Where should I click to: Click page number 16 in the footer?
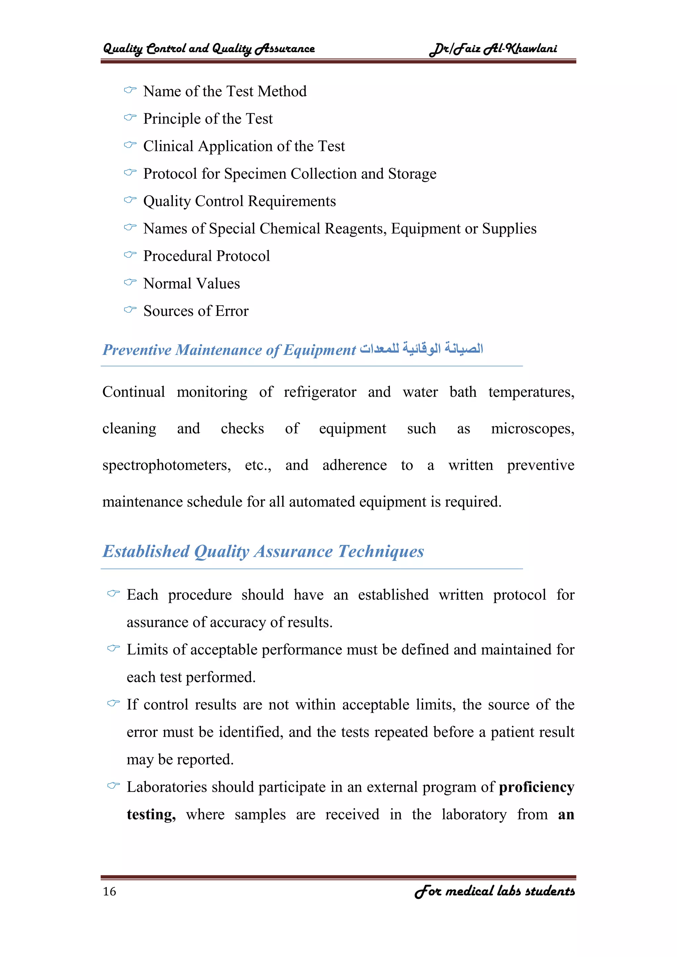click(x=109, y=892)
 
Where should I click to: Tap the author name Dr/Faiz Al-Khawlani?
click(x=493, y=49)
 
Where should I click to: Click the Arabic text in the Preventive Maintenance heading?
click(x=421, y=348)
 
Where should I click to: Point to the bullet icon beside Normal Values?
click(x=130, y=283)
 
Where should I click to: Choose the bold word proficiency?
click(x=537, y=787)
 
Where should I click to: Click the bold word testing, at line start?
click(x=151, y=815)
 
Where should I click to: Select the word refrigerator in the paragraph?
click(x=320, y=392)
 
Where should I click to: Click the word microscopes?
click(x=532, y=429)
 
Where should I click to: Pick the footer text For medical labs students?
click(x=495, y=892)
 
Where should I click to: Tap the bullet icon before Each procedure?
click(x=113, y=593)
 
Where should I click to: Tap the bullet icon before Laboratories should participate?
click(x=113, y=786)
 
